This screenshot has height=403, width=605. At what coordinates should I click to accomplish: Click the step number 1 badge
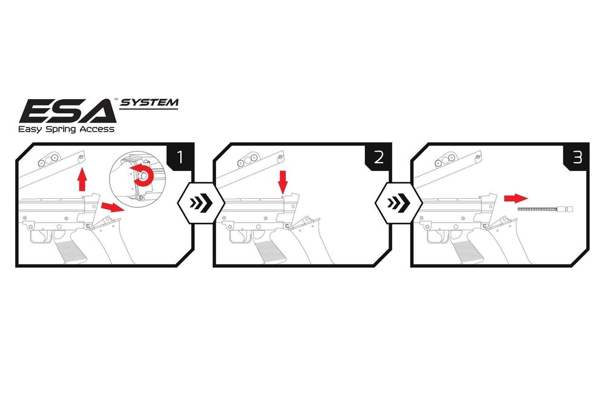pyautogui.click(x=180, y=158)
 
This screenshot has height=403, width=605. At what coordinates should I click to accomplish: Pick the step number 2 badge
pyautogui.click(x=379, y=158)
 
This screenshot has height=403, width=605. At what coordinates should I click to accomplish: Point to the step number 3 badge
pyautogui.click(x=577, y=158)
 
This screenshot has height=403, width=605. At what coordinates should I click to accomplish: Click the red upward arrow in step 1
pyautogui.click(x=83, y=180)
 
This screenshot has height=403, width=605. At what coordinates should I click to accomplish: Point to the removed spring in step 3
pyautogui.click(x=544, y=208)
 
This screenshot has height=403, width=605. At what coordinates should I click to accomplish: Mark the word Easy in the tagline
pyautogui.click(x=29, y=129)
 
